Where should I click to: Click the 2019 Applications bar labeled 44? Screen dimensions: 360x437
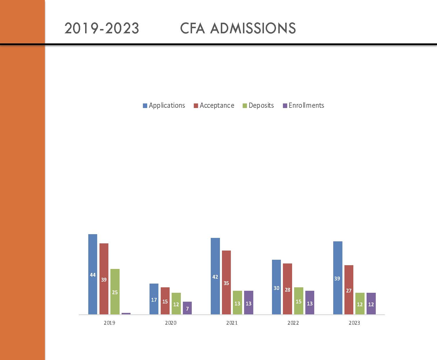click(93, 274)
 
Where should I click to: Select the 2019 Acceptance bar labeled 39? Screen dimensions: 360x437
click(104, 279)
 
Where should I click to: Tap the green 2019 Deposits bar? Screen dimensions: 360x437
click(115, 292)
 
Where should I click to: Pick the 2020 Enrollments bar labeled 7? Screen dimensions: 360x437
click(187, 308)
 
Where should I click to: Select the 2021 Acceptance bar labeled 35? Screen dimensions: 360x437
click(226, 282)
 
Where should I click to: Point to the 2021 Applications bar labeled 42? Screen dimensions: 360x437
click(215, 276)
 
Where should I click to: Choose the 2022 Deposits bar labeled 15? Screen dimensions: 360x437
click(298, 301)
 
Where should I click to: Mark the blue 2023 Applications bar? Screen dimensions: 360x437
click(338, 278)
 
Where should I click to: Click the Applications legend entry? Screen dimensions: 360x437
click(164, 105)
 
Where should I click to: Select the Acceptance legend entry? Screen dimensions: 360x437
click(214, 105)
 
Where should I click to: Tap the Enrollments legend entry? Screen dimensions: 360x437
click(303, 105)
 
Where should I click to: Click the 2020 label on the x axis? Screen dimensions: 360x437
click(170, 323)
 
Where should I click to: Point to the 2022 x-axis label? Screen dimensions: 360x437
click(293, 323)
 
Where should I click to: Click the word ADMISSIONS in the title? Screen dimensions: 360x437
click(253, 28)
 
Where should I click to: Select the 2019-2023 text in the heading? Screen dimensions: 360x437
click(102, 28)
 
